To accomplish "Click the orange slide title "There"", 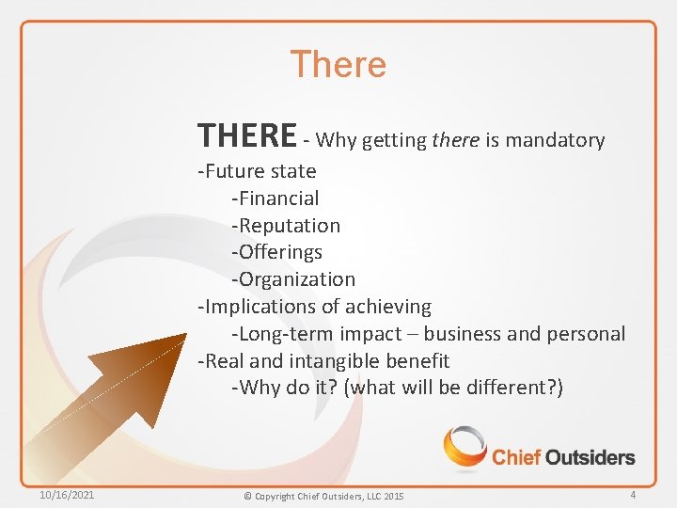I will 338,65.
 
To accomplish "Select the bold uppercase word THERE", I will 246,136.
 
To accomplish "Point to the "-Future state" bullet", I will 257,171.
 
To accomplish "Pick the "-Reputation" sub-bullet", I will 286,226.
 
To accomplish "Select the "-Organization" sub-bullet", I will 293,279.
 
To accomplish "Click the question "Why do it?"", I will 288,388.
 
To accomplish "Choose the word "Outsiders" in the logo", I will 590,458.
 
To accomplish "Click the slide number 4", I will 633,495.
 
